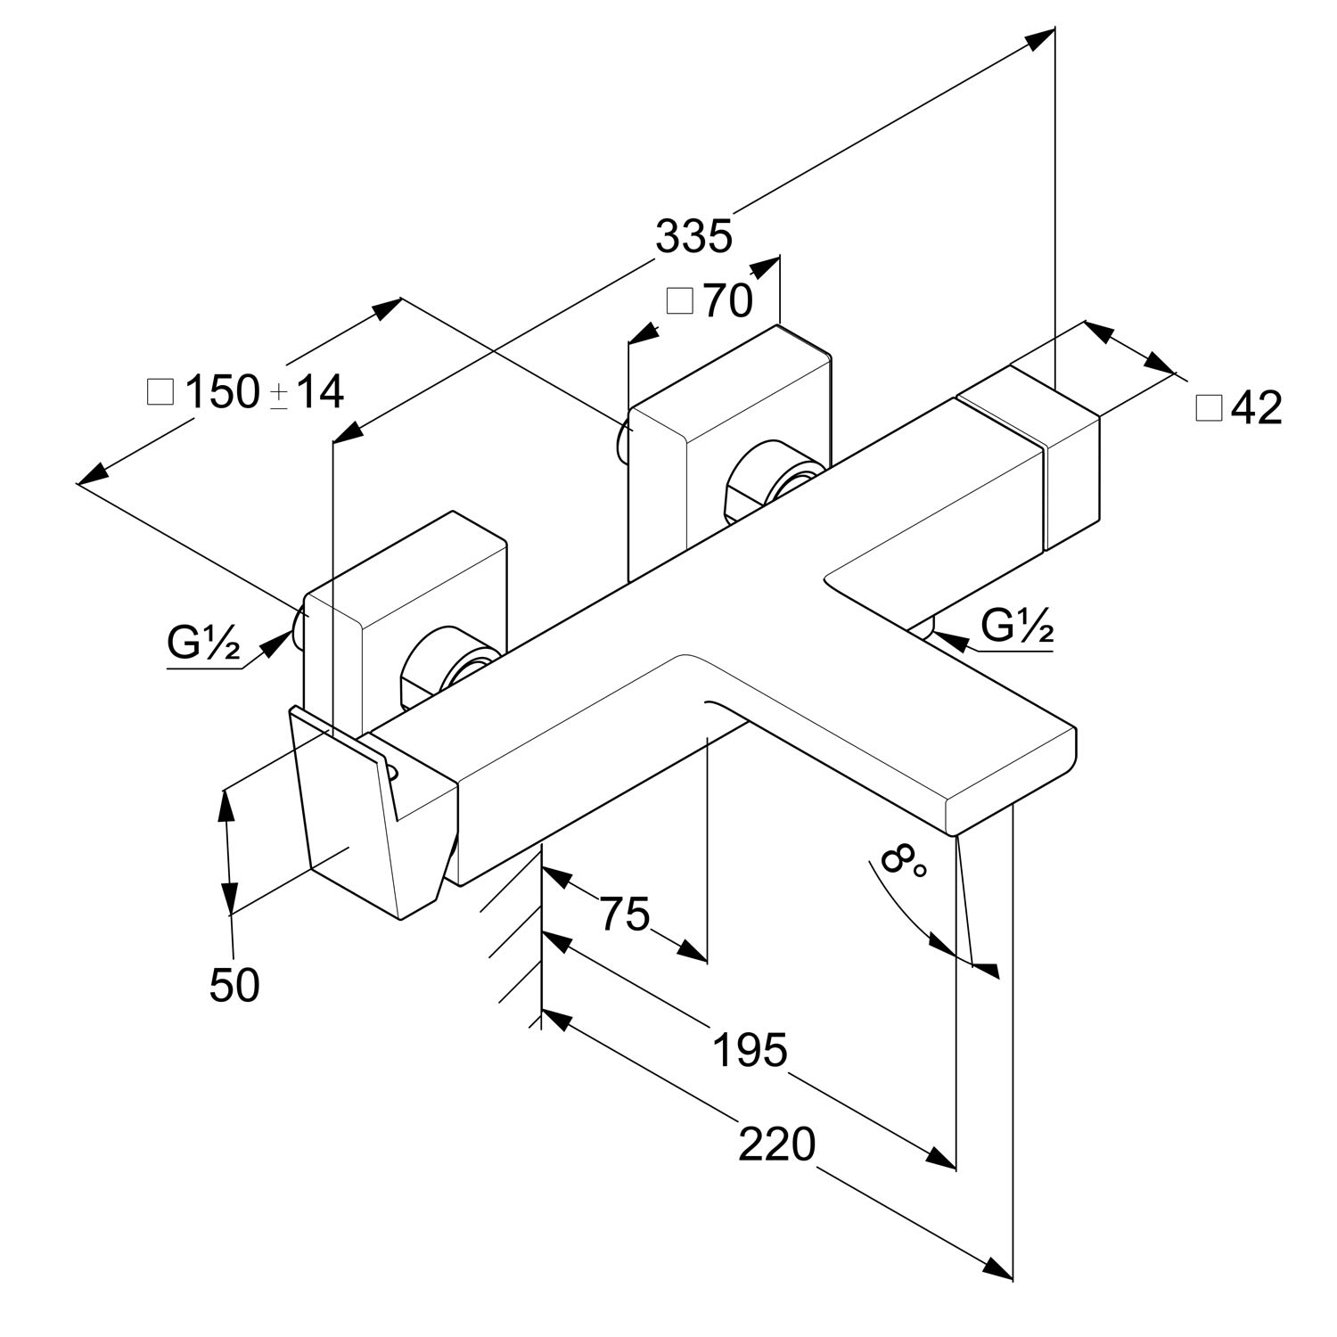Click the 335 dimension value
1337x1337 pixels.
pyautogui.click(x=693, y=237)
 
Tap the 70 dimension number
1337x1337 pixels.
pyautogui.click(x=728, y=301)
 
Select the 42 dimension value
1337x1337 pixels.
pyautogui.click(x=1257, y=408)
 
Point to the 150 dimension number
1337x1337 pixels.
pyautogui.click(x=222, y=392)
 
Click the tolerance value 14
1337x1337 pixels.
pyautogui.click(x=319, y=392)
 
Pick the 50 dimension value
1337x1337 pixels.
pyautogui.click(x=235, y=986)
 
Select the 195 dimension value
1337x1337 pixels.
pyautogui.click(x=751, y=1050)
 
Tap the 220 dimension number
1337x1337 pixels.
pyautogui.click(x=776, y=1144)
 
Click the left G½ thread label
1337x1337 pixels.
pyautogui.click(x=203, y=644)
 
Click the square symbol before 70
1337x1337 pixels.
pyautogui.click(x=680, y=301)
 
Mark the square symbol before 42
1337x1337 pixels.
pyautogui.click(x=1209, y=408)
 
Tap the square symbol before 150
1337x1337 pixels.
pyautogui.click(x=160, y=392)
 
